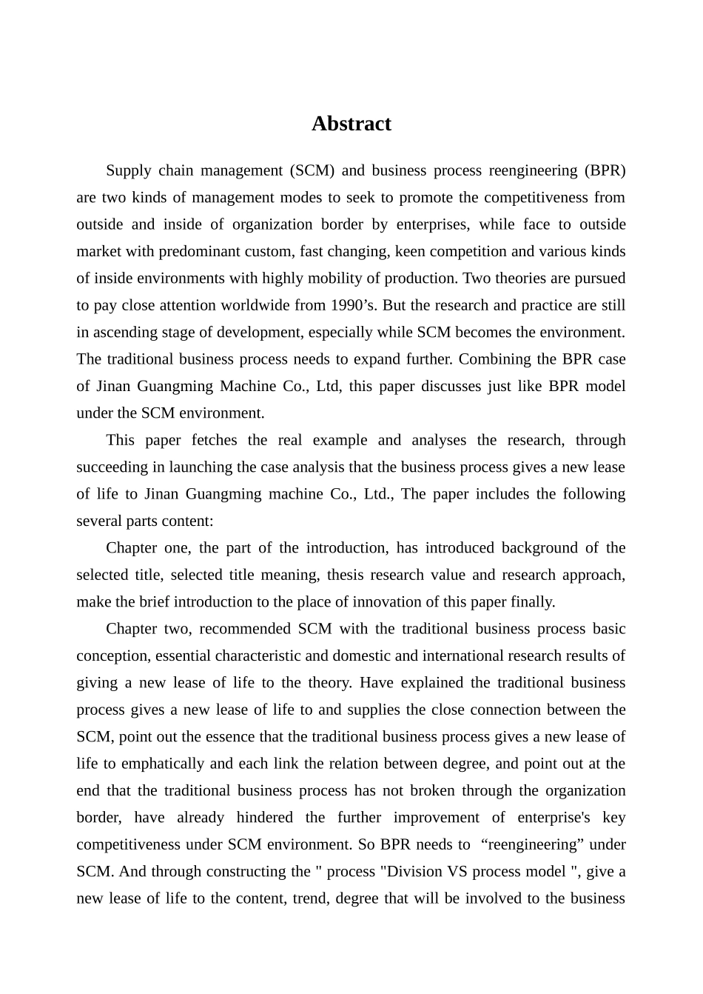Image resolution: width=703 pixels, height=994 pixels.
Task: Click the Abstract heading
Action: click(x=351, y=124)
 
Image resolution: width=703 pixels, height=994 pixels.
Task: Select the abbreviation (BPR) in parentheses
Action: click(x=605, y=170)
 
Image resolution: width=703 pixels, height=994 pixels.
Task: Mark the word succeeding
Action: click(x=112, y=467)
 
